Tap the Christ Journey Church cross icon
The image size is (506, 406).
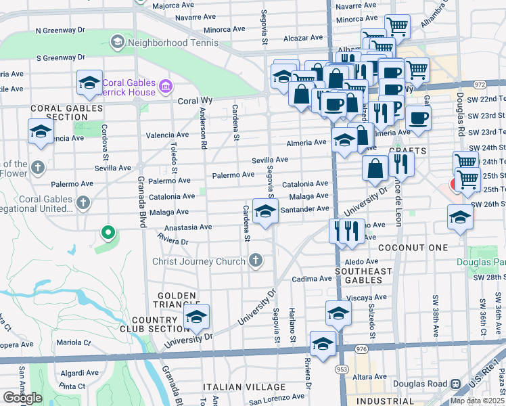255,261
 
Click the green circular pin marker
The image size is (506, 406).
107,234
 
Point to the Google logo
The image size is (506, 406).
22,398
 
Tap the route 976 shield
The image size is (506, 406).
360,348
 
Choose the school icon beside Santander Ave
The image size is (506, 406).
265,212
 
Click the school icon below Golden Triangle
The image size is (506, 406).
197,317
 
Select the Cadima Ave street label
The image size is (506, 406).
312,279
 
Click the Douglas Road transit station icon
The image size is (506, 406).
455,384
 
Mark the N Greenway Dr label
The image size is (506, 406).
60,30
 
